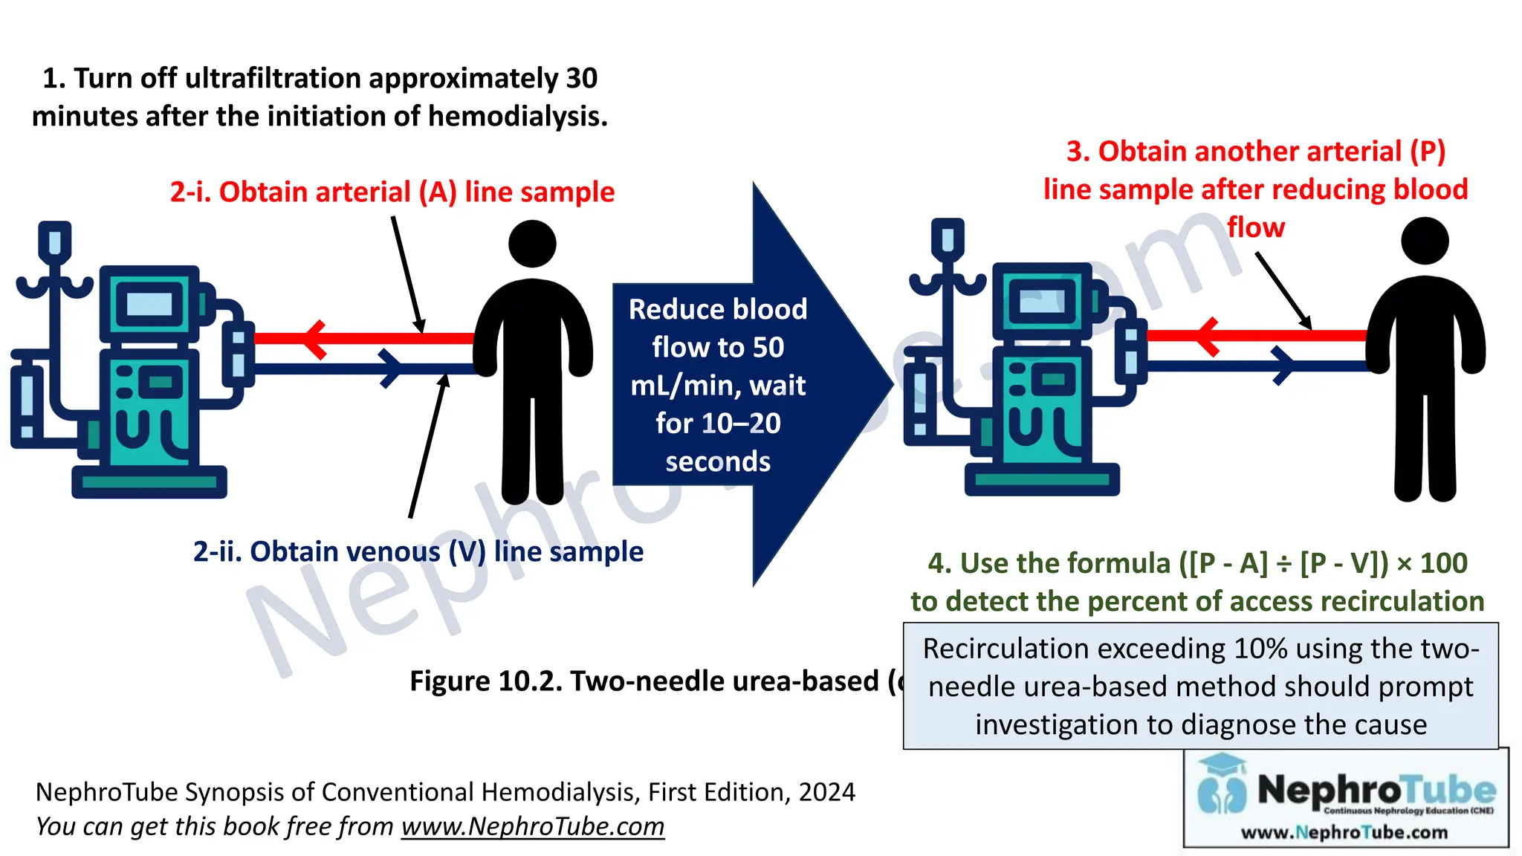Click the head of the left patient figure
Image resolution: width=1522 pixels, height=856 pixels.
click(x=532, y=244)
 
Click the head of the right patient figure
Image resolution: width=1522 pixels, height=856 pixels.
click(x=1425, y=241)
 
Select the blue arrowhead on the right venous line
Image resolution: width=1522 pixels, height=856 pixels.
click(x=1283, y=366)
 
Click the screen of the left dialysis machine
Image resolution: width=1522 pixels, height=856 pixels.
click(x=149, y=304)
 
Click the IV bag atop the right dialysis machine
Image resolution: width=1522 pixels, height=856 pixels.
click(x=948, y=239)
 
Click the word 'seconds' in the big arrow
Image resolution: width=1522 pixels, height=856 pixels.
click(x=718, y=461)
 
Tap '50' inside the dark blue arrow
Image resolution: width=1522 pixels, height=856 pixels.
click(x=768, y=347)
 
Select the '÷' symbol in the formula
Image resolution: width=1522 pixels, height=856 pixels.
click(x=1283, y=563)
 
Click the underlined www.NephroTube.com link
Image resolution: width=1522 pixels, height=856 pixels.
click(x=532, y=826)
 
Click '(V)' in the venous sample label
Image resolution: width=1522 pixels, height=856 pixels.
click(x=467, y=551)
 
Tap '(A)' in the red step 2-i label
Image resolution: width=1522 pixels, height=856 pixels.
click(x=437, y=192)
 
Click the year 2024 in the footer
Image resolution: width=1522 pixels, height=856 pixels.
click(x=826, y=792)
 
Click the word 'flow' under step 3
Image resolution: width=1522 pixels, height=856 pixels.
click(x=1255, y=227)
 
